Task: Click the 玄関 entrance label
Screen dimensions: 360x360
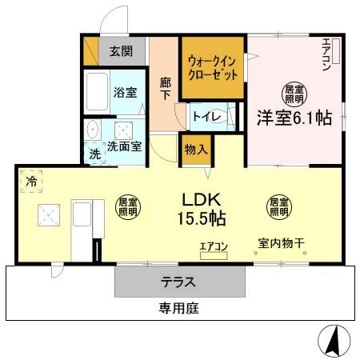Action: pyautogui.click(x=121, y=54)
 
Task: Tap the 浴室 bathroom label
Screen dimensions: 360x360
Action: pyautogui.click(x=125, y=92)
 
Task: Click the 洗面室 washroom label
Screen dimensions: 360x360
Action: pyautogui.click(x=125, y=147)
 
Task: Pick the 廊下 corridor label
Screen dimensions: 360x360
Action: pyautogui.click(x=166, y=88)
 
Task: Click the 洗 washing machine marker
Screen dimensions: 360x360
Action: pyautogui.click(x=95, y=154)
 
